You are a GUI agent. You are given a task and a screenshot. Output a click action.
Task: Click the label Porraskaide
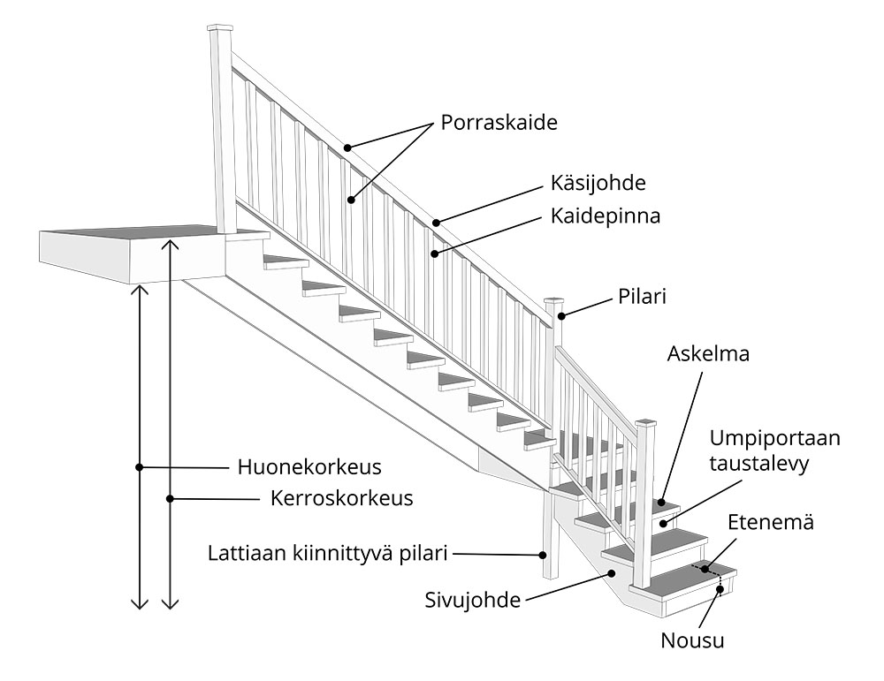(x=499, y=123)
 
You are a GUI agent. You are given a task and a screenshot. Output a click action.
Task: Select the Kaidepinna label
(x=606, y=216)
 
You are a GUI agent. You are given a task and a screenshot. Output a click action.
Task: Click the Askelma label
(x=709, y=355)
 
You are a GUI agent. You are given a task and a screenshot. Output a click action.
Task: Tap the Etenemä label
(x=770, y=523)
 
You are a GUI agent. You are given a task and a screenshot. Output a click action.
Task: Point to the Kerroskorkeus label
(x=341, y=498)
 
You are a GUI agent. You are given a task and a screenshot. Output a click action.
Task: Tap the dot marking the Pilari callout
(x=560, y=314)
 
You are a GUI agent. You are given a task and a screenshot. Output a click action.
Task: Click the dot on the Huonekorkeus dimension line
(x=139, y=466)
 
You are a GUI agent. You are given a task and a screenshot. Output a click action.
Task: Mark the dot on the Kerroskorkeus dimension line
(x=171, y=499)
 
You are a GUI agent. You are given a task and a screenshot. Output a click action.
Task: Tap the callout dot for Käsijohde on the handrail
(x=437, y=222)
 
